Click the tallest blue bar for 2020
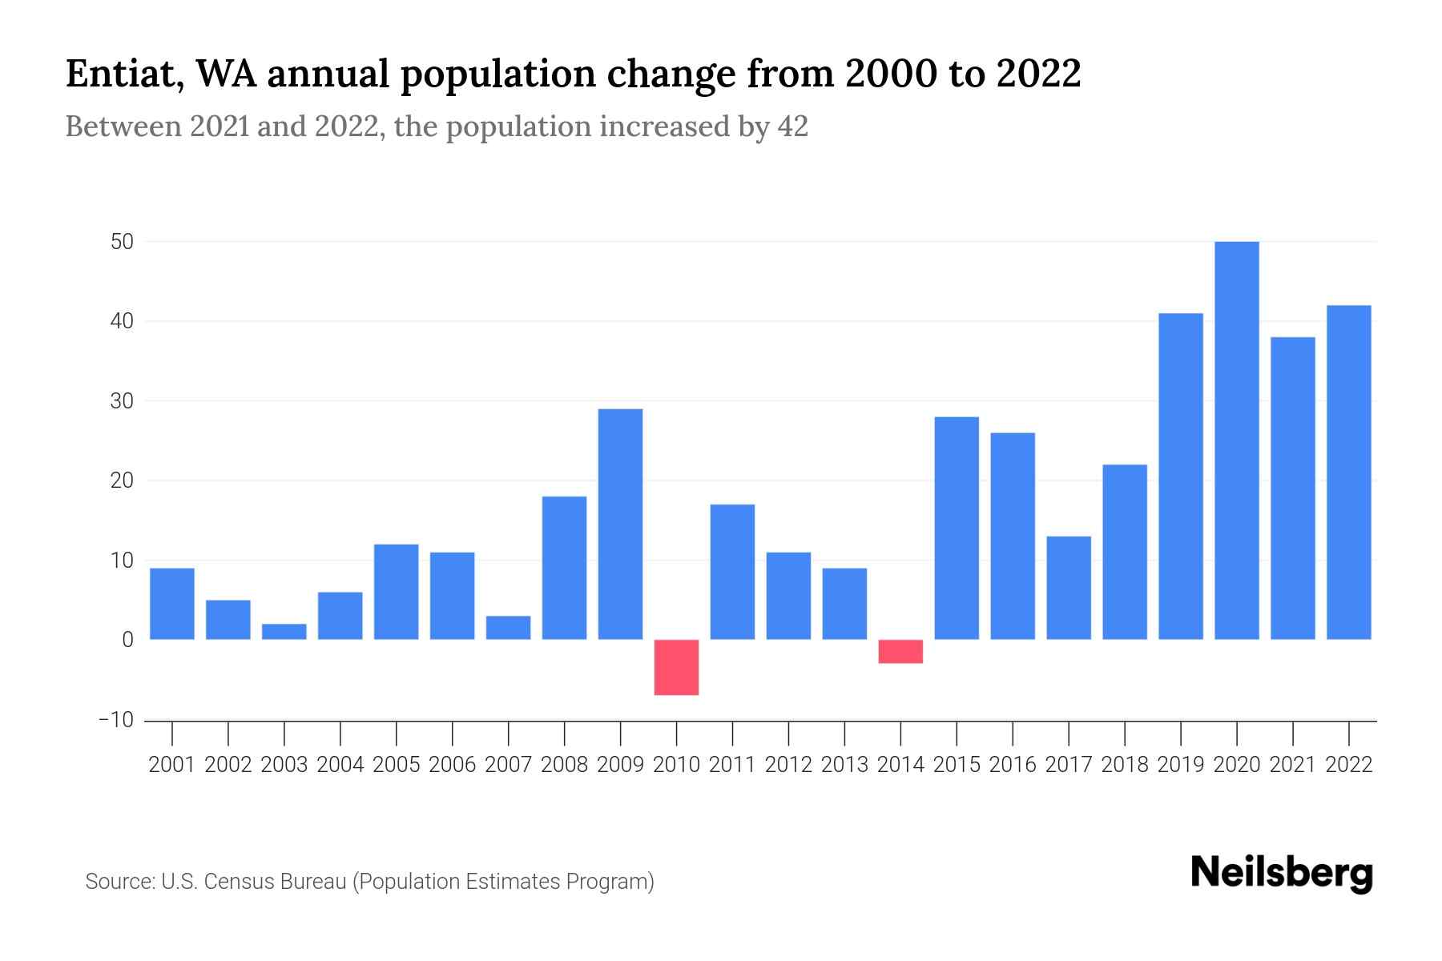point(1237,440)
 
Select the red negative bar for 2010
point(676,667)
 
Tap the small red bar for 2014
point(900,651)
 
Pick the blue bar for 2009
point(620,525)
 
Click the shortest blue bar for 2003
point(284,632)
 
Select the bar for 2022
point(1349,472)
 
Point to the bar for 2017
point(1069,588)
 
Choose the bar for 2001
point(172,604)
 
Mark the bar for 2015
point(957,529)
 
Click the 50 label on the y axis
point(122,241)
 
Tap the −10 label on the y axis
point(116,720)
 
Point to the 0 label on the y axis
point(127,640)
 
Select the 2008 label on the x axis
point(564,765)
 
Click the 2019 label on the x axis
point(1181,765)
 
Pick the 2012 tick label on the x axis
point(788,765)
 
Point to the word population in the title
point(497,74)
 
